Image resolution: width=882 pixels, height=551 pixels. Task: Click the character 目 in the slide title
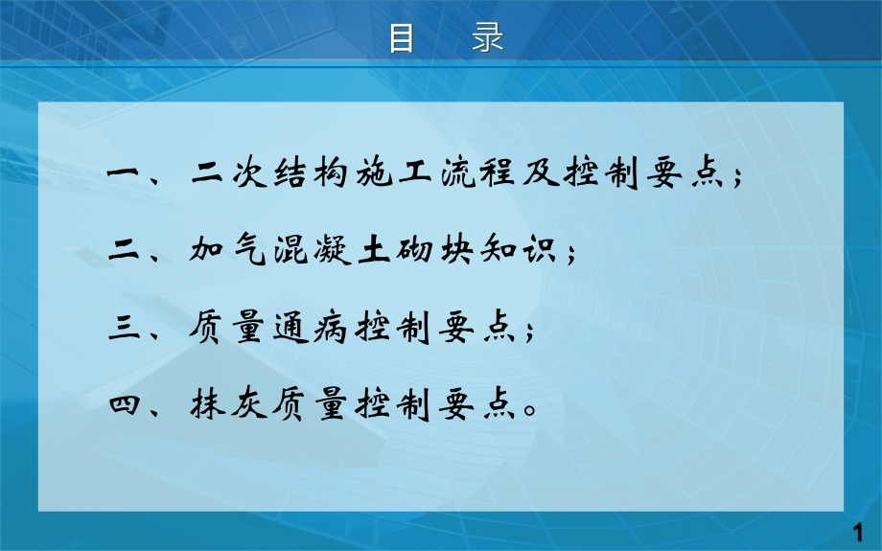tap(402, 39)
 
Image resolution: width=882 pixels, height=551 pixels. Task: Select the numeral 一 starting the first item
tap(126, 175)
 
